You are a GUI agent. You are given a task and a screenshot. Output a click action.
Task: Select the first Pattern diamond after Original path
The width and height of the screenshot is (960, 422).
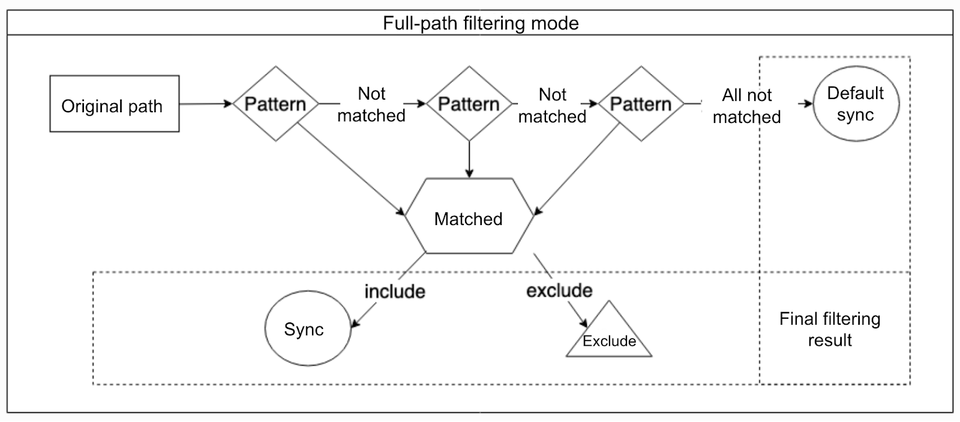click(x=275, y=104)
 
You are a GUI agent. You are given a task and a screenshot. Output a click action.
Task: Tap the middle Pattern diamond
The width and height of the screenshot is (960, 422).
click(x=469, y=104)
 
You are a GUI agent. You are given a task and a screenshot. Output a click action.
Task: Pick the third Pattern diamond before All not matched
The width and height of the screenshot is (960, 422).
click(x=641, y=104)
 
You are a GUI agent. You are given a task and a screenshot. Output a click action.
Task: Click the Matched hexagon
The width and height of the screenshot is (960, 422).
click(x=469, y=219)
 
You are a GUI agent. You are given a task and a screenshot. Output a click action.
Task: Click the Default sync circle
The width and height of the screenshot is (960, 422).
click(x=856, y=104)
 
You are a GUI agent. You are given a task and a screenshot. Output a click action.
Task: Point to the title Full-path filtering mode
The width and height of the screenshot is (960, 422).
click(x=481, y=23)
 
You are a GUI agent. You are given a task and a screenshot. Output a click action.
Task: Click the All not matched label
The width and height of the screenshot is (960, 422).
click(x=746, y=106)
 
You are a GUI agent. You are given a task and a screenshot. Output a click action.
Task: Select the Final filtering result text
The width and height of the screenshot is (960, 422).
click(x=830, y=329)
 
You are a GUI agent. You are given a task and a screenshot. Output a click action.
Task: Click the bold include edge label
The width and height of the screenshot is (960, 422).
click(x=395, y=291)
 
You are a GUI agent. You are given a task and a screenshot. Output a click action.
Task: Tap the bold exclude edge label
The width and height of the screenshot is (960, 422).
click(x=559, y=291)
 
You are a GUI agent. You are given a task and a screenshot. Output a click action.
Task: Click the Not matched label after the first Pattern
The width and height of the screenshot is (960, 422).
click(x=371, y=104)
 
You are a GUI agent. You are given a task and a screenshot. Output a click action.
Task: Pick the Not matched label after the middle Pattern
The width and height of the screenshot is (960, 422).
click(x=552, y=105)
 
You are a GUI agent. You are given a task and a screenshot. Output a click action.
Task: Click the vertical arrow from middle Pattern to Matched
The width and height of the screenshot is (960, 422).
click(x=469, y=159)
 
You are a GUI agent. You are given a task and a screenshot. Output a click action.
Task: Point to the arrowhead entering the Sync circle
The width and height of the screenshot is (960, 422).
click(x=355, y=324)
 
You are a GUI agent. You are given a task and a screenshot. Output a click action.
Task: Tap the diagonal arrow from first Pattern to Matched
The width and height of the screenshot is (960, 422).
click(x=351, y=169)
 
